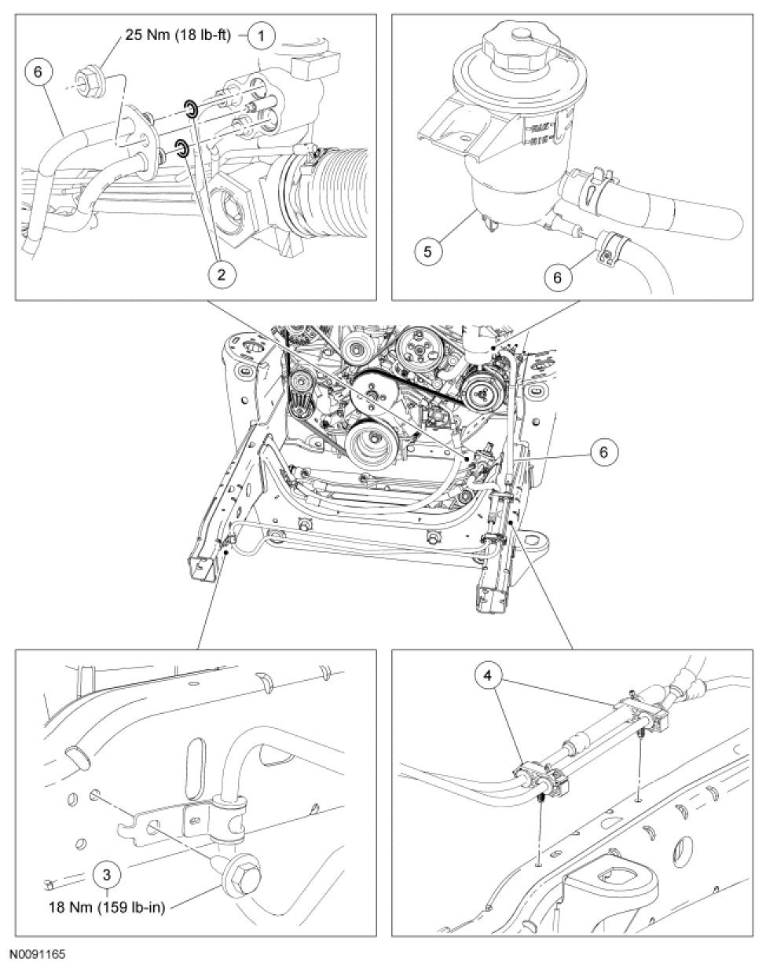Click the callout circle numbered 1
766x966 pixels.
pyautogui.click(x=262, y=35)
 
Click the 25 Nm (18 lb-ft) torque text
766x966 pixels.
pyautogui.click(x=176, y=36)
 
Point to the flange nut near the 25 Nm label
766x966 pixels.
pyautogui.click(x=85, y=79)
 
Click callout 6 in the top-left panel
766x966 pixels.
pyautogui.click(x=38, y=71)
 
